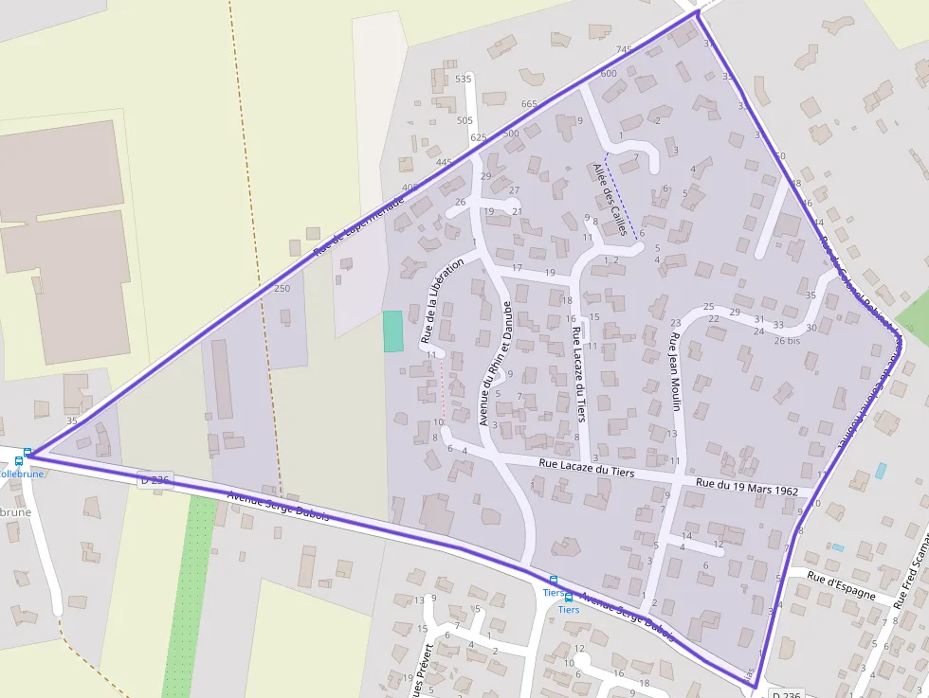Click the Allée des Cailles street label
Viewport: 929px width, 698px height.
[610, 199]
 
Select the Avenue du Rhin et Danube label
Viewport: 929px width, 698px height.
[495, 363]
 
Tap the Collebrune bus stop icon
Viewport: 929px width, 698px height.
[27, 454]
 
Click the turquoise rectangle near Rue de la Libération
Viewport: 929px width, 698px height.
[392, 331]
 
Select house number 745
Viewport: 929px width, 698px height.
[623, 50]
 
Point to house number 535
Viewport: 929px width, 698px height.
[463, 79]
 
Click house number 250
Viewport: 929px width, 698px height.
[282, 288]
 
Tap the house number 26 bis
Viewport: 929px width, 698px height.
[787, 340]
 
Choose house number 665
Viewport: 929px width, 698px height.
[529, 104]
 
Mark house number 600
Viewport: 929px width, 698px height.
[609, 73]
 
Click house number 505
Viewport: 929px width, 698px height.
[464, 120]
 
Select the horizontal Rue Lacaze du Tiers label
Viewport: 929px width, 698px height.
[586, 467]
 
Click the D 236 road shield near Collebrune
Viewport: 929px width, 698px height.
[154, 480]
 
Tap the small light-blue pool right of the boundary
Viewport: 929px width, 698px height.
[882, 470]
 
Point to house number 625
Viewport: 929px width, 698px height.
[479, 137]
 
